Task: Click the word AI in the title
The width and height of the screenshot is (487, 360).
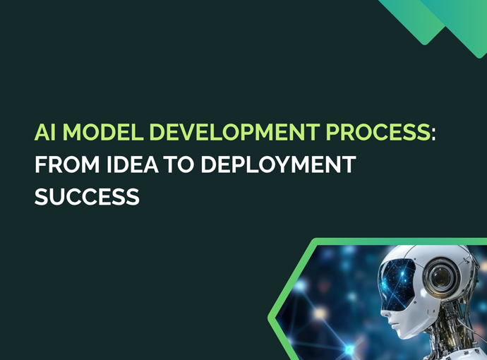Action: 45,132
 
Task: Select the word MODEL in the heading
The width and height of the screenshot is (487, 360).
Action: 95,132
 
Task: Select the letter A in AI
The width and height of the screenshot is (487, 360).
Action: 41,132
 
